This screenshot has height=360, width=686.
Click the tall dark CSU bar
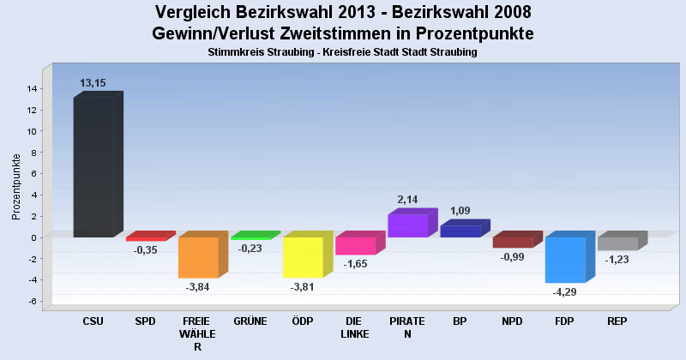pos(93,166)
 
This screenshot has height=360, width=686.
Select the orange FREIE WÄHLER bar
pos(198,257)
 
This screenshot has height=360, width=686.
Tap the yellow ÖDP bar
pos(303,257)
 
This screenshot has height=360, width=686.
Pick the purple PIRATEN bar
pos(407,225)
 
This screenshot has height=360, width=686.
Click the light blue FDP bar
pos(565,260)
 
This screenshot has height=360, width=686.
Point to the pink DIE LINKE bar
pos(355,246)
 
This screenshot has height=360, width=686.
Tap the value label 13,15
pos(93,83)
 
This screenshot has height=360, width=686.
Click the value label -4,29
pos(565,292)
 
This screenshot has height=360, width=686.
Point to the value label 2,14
pos(407,199)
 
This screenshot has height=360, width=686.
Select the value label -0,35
pos(146,250)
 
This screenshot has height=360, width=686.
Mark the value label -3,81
pos(303,287)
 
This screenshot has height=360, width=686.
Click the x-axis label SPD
pos(146,321)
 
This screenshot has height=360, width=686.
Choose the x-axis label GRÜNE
pos(250,321)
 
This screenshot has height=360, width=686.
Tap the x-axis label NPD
pos(513,321)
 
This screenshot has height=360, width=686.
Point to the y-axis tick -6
pos(32,301)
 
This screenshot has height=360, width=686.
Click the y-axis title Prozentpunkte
pos(16,186)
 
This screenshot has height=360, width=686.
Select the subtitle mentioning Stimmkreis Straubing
pos(342,52)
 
